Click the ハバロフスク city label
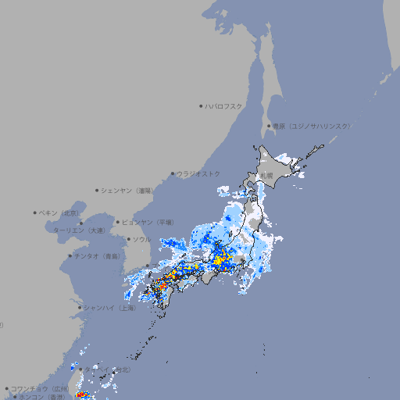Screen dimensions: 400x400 pos(223,105)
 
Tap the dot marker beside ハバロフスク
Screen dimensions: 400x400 pos(201,105)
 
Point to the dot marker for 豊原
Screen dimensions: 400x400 pos(269,126)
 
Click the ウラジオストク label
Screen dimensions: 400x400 pos(198,173)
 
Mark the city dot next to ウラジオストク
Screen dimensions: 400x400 pos(173,173)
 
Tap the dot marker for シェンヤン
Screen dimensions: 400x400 pos(97,190)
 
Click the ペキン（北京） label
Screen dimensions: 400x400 pos(60,212)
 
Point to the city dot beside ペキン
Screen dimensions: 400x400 pos(35,212)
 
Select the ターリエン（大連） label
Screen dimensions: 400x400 pos(78,230)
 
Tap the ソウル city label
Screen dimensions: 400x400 pos(141,239)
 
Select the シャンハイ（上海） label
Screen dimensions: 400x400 pos(109,308)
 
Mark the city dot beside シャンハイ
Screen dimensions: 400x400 pos(80,308)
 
